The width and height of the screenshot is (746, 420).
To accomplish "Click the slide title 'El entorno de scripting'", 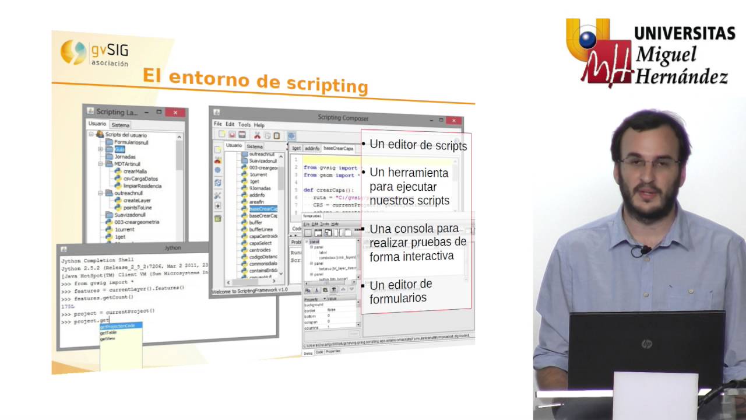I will point(255,80).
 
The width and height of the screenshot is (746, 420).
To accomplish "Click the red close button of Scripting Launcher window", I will point(174,112).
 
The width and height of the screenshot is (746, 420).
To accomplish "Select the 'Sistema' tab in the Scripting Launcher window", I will point(121,125).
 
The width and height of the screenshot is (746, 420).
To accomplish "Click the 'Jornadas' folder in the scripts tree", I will point(125,156).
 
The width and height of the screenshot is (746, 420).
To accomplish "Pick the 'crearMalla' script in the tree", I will point(135,171).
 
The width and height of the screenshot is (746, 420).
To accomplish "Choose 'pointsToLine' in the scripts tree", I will point(138,207).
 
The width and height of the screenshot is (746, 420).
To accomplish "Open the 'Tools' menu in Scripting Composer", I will point(244,125).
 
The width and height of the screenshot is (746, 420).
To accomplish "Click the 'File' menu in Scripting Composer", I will point(218,124).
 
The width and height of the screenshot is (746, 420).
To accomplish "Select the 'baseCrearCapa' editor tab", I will point(338,149).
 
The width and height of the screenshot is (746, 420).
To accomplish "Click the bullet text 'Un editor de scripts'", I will point(418,145).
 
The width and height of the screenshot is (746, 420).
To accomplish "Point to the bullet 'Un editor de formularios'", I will point(400,291).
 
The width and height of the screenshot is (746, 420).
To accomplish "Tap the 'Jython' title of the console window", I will point(173,248).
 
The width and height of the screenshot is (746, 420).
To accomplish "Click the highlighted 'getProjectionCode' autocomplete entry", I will point(121,325).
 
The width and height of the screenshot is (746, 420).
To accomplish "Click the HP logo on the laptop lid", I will point(646,344).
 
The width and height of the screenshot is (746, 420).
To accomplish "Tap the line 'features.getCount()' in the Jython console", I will point(103,297).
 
